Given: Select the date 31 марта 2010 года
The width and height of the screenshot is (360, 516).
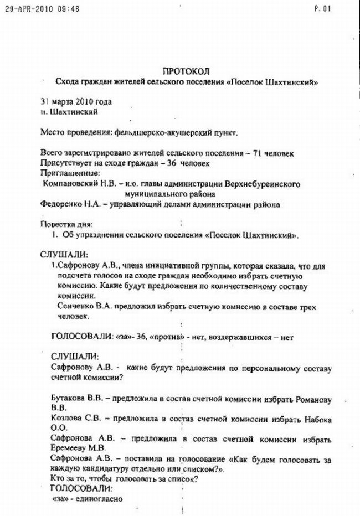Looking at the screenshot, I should tap(76, 102).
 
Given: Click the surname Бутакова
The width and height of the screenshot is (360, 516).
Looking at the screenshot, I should tap(68, 398).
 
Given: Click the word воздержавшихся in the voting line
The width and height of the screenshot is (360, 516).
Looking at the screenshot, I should tap(244, 337).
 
